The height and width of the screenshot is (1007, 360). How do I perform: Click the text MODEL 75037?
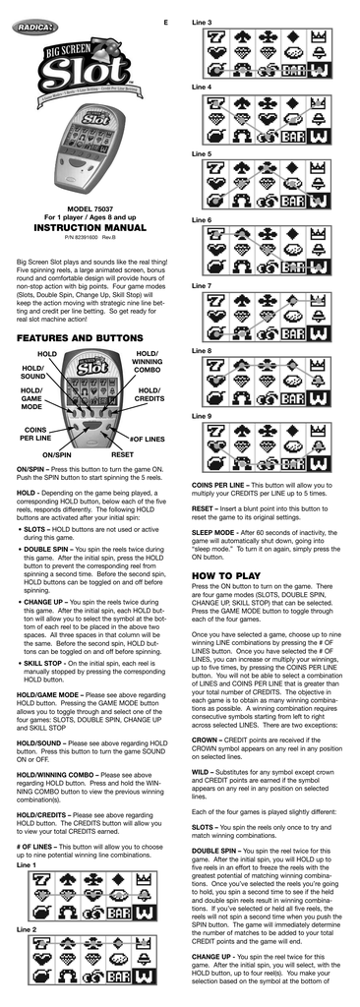tap(90, 210)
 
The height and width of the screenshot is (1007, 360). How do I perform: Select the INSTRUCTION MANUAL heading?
tap(90, 226)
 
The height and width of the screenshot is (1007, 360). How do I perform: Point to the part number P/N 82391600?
tap(90, 238)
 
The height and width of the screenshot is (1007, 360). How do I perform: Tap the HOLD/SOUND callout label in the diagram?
tap(32, 371)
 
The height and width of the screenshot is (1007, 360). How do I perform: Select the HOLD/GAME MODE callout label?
tap(31, 398)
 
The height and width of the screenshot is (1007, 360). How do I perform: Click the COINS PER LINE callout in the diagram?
tap(36, 434)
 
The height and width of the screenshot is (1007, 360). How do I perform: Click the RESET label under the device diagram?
tap(122, 456)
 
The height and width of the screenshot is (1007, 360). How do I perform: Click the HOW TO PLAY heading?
tap(226, 574)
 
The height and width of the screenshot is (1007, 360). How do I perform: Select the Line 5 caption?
tap(203, 154)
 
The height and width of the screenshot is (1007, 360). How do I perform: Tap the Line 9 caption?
tap(203, 416)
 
